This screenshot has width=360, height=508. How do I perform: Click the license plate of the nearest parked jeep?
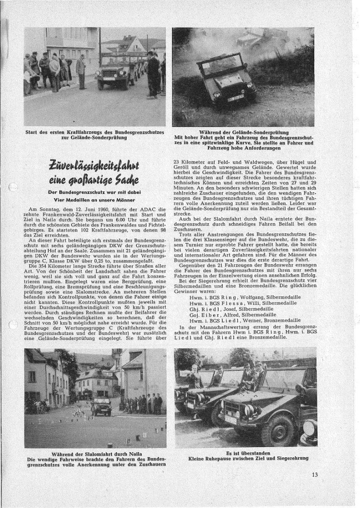tap(231, 419)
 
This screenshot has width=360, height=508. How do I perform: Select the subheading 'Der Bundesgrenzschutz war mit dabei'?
tap(95, 192)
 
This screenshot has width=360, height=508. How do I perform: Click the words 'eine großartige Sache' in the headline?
tap(95, 180)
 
